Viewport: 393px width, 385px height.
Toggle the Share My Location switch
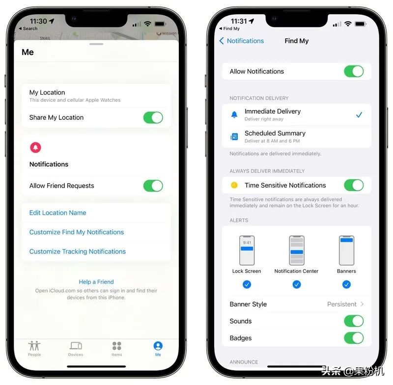click(x=153, y=117)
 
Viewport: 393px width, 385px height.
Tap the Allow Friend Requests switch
click(x=153, y=186)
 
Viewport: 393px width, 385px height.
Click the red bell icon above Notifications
click(x=35, y=147)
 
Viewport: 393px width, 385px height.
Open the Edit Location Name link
click(x=57, y=213)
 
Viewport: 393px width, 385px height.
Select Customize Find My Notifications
click(x=77, y=232)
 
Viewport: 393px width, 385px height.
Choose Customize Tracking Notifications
click(x=78, y=251)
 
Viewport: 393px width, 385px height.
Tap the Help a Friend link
click(x=96, y=282)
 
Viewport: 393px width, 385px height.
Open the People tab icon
click(x=34, y=346)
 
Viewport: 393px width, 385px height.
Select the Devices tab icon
click(x=76, y=346)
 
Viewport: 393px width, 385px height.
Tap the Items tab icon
click(x=117, y=346)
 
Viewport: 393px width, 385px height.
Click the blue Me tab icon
click(x=158, y=346)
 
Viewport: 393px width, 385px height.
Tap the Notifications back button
click(x=242, y=41)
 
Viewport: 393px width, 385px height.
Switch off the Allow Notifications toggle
click(x=354, y=71)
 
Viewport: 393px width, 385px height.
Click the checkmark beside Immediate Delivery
click(x=359, y=115)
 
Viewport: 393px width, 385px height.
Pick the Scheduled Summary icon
click(x=234, y=137)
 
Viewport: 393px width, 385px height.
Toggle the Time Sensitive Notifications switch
click(x=354, y=185)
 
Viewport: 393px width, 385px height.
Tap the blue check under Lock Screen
click(x=247, y=284)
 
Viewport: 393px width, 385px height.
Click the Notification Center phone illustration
click(x=297, y=250)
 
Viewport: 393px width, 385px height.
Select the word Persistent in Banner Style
click(x=341, y=304)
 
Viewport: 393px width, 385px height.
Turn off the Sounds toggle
click(x=354, y=321)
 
